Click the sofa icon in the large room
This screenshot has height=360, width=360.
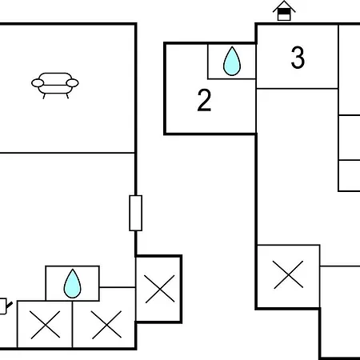click(x=55, y=86)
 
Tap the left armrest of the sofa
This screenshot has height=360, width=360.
click(x=38, y=83)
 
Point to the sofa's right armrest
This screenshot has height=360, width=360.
click(x=72, y=83)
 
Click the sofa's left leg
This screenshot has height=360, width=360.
click(x=44, y=96)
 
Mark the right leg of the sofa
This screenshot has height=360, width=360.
click(x=67, y=96)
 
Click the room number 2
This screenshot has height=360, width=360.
click(x=204, y=100)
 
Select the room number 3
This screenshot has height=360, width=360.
click(x=298, y=58)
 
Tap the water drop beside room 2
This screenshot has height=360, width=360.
click(x=232, y=61)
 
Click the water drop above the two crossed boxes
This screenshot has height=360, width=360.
click(x=72, y=284)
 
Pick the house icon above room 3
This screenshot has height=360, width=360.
click(x=284, y=10)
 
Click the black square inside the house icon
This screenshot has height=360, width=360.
click(x=284, y=12)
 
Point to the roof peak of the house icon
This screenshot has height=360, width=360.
click(x=284, y=2)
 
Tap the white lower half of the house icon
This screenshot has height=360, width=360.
click(x=284, y=18)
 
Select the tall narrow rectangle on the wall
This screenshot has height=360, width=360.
click(x=136, y=213)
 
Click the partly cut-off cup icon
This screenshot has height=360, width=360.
click(x=5, y=306)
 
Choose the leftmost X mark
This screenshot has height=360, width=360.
click(x=46, y=325)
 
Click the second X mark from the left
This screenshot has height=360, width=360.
click(x=106, y=325)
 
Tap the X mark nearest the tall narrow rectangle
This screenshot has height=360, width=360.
click(x=160, y=289)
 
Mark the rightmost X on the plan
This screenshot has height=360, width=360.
click(x=288, y=274)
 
